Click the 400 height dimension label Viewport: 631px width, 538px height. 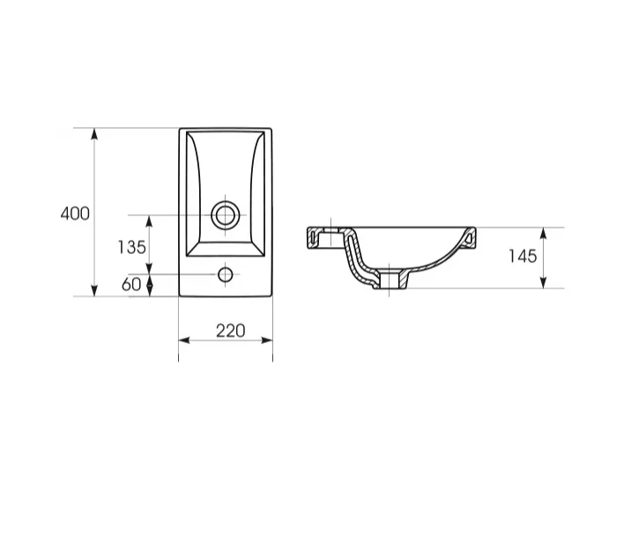click(x=75, y=213)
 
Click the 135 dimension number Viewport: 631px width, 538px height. click(x=131, y=247)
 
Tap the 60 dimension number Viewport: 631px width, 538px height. click(x=131, y=285)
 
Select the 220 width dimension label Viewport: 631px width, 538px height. click(x=231, y=331)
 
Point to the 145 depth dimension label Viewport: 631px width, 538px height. click(x=523, y=256)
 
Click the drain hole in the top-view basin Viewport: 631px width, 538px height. click(x=226, y=215)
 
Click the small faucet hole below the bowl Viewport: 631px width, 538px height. click(x=226, y=274)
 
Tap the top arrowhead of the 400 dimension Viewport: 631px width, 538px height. click(x=94, y=134)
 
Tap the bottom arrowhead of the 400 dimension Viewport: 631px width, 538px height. click(x=94, y=291)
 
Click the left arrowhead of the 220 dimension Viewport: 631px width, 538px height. click(x=184, y=340)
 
